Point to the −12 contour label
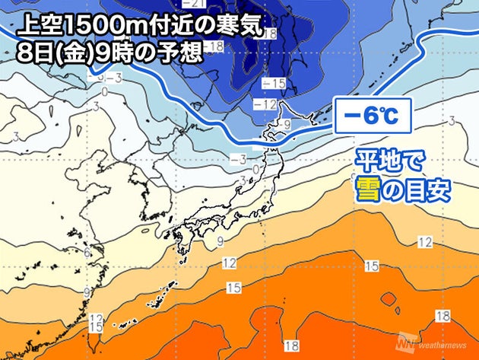tap(271, 103)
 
